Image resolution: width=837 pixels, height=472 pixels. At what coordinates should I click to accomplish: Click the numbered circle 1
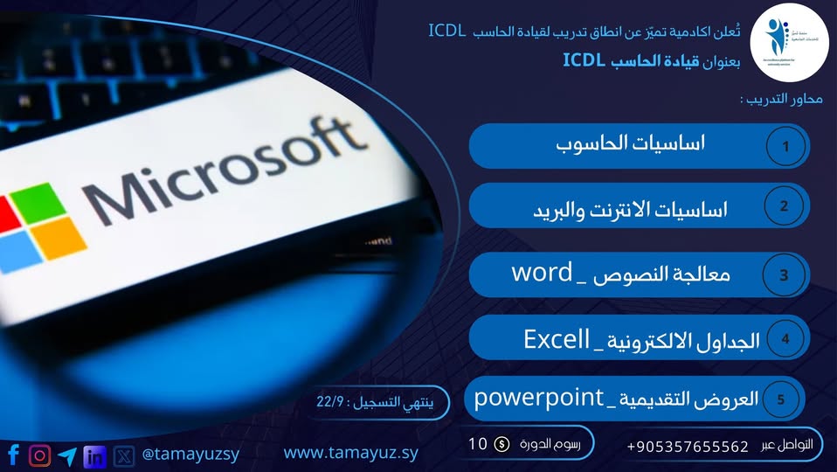[786, 146]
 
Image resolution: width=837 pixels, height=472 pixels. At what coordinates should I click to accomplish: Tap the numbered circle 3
[784, 274]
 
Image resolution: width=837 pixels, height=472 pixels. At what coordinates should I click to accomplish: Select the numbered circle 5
[780, 400]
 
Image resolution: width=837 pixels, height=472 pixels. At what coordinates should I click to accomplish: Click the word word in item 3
[542, 273]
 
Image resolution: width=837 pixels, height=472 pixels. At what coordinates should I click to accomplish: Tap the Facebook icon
[14, 455]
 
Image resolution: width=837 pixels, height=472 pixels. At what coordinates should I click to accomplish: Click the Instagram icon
[40, 455]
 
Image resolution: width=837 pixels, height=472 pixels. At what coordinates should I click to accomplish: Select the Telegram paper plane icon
[67, 455]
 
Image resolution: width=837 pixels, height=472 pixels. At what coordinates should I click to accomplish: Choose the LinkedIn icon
[94, 455]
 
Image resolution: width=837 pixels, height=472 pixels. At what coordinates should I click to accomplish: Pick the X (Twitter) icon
[124, 455]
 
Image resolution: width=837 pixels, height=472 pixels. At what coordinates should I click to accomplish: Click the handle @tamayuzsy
[190, 455]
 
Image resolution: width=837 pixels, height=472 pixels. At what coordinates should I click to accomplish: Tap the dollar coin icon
[502, 444]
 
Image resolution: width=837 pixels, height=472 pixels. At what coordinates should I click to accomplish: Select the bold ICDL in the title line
[587, 60]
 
